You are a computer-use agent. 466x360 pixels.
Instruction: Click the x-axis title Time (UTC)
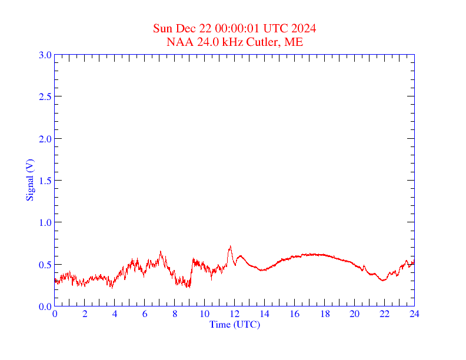point(234,324)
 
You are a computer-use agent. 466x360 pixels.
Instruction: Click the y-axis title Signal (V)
point(29,180)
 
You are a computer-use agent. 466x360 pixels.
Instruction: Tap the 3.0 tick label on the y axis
point(45,55)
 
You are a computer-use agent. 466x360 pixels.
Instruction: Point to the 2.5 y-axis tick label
point(45,96)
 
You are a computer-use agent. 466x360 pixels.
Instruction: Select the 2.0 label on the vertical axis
point(45,139)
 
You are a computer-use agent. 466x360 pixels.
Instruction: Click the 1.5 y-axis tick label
point(45,181)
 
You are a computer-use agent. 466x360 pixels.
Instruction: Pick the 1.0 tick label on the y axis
point(45,222)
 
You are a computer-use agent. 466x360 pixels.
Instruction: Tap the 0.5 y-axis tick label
point(45,265)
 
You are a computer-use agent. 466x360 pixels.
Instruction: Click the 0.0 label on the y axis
point(45,306)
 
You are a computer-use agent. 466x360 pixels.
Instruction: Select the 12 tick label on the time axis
point(234,315)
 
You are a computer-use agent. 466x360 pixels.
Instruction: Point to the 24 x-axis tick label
point(414,315)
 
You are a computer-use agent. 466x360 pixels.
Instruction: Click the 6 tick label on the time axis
point(145,315)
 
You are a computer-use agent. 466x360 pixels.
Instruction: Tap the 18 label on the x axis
point(324,315)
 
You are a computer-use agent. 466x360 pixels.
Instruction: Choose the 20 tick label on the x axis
point(354,315)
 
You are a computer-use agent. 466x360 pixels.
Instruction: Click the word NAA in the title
point(179,42)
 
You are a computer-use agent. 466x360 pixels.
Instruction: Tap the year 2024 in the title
point(304,29)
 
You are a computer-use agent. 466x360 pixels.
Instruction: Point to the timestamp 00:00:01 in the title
point(235,29)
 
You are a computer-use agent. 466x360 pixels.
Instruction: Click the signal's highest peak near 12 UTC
point(230,246)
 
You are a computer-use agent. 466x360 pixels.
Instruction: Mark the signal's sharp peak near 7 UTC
point(160,252)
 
